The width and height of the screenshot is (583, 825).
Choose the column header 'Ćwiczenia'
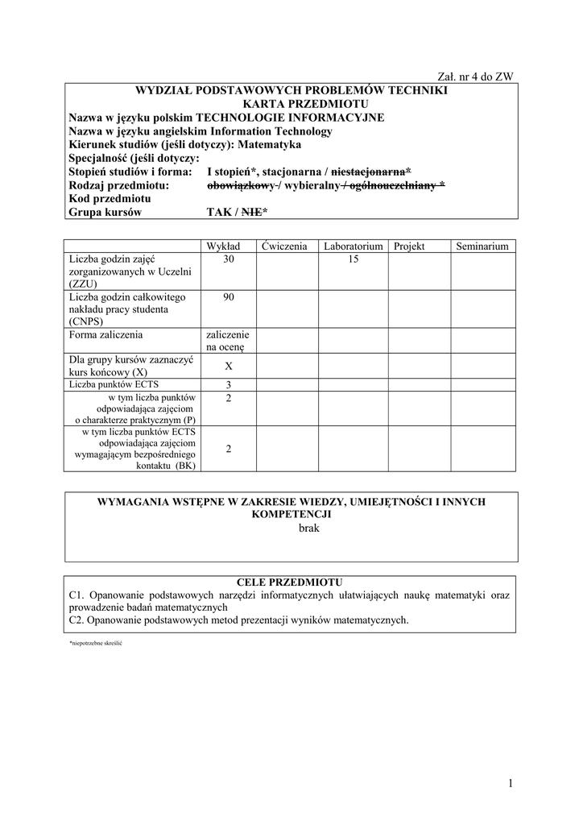click(x=284, y=246)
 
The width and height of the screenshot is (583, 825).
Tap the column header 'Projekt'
click(x=409, y=246)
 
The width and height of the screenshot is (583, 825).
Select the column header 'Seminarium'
click(x=482, y=246)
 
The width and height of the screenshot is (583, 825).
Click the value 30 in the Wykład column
click(x=229, y=259)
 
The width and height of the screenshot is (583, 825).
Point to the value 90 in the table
click(x=229, y=297)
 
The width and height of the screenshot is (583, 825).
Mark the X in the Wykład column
click(x=229, y=367)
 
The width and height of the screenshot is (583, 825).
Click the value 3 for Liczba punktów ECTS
click(x=229, y=385)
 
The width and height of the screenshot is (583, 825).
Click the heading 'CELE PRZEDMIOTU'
click(x=290, y=582)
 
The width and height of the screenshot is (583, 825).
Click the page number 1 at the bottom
click(x=511, y=783)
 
